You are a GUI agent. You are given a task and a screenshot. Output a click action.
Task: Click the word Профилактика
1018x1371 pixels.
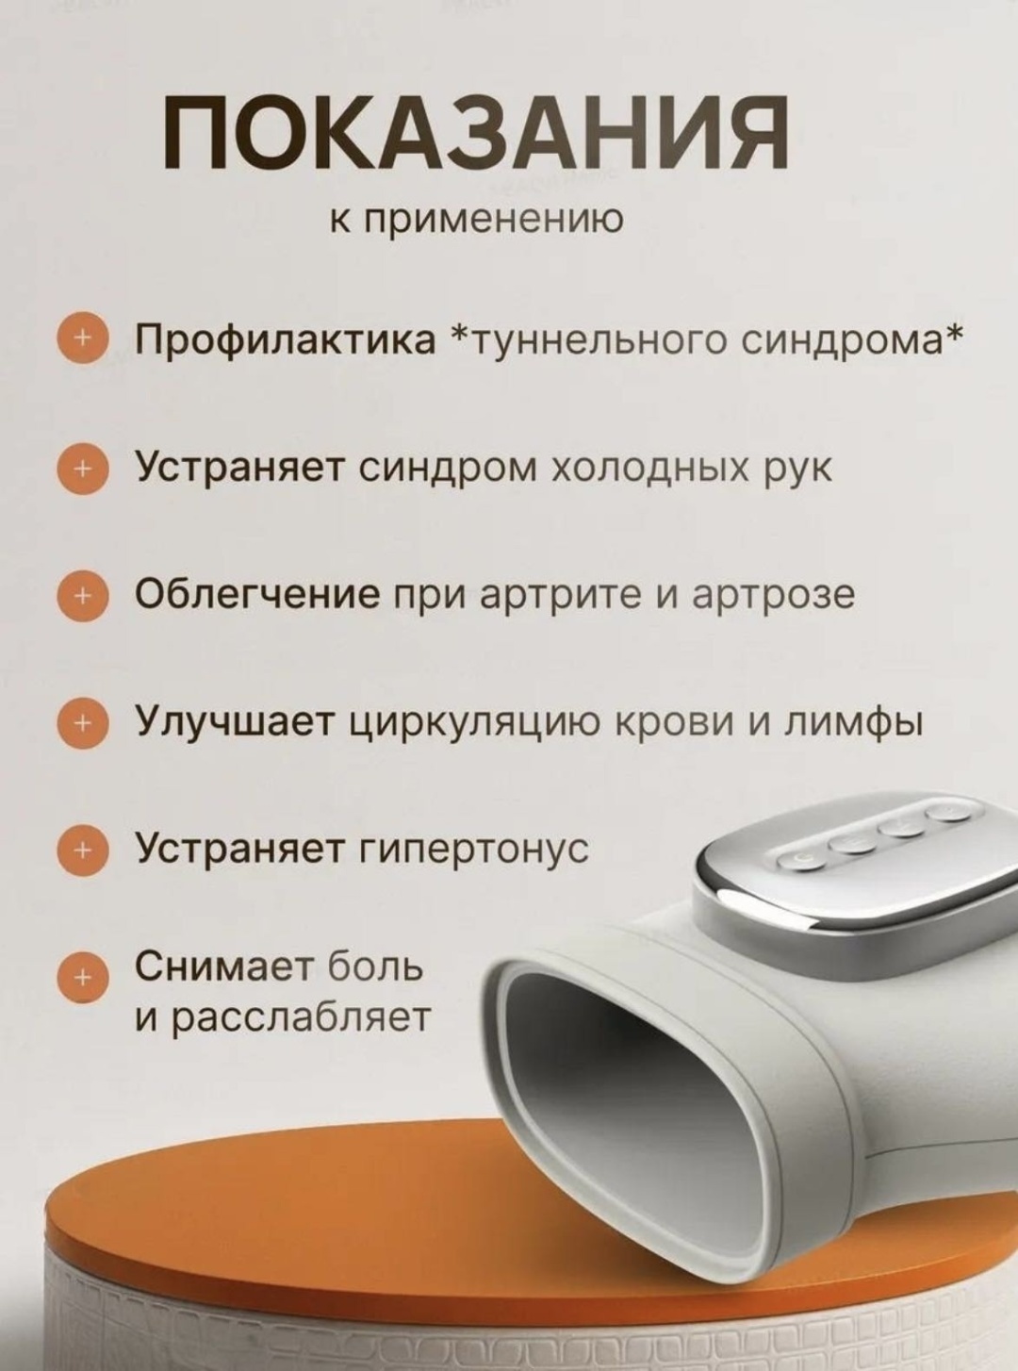[x=286, y=340]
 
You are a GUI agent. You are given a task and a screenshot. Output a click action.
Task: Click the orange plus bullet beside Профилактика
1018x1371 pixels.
[x=82, y=341]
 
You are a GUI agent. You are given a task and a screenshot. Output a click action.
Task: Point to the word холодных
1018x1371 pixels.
[x=647, y=469]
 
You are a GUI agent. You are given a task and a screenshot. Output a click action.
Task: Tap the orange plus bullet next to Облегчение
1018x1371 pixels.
[x=82, y=595]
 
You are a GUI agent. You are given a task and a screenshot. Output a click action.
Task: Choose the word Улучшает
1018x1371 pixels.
[x=236, y=721]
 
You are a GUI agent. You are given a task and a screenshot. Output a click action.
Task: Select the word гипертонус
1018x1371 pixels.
[x=475, y=850]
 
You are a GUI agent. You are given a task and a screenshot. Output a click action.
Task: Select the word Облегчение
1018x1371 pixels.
[x=257, y=595]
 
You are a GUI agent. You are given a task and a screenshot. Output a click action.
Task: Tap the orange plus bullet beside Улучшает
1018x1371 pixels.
[x=82, y=722]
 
